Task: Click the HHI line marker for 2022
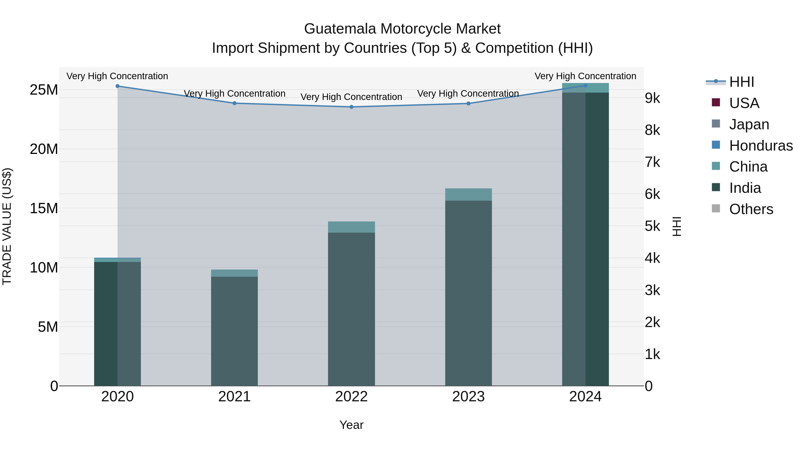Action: pos(351,107)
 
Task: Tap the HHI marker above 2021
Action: pos(234,103)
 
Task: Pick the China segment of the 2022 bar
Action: pos(351,227)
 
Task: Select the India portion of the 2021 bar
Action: pos(234,331)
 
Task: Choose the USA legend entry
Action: pos(744,103)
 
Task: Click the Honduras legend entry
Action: pos(761,146)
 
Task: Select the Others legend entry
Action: pos(751,209)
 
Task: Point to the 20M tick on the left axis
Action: pos(44,149)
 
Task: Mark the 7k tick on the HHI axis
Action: pos(652,162)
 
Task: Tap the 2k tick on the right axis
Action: pos(652,322)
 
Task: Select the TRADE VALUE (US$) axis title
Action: pos(7,226)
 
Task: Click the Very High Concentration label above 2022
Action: pos(351,97)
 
